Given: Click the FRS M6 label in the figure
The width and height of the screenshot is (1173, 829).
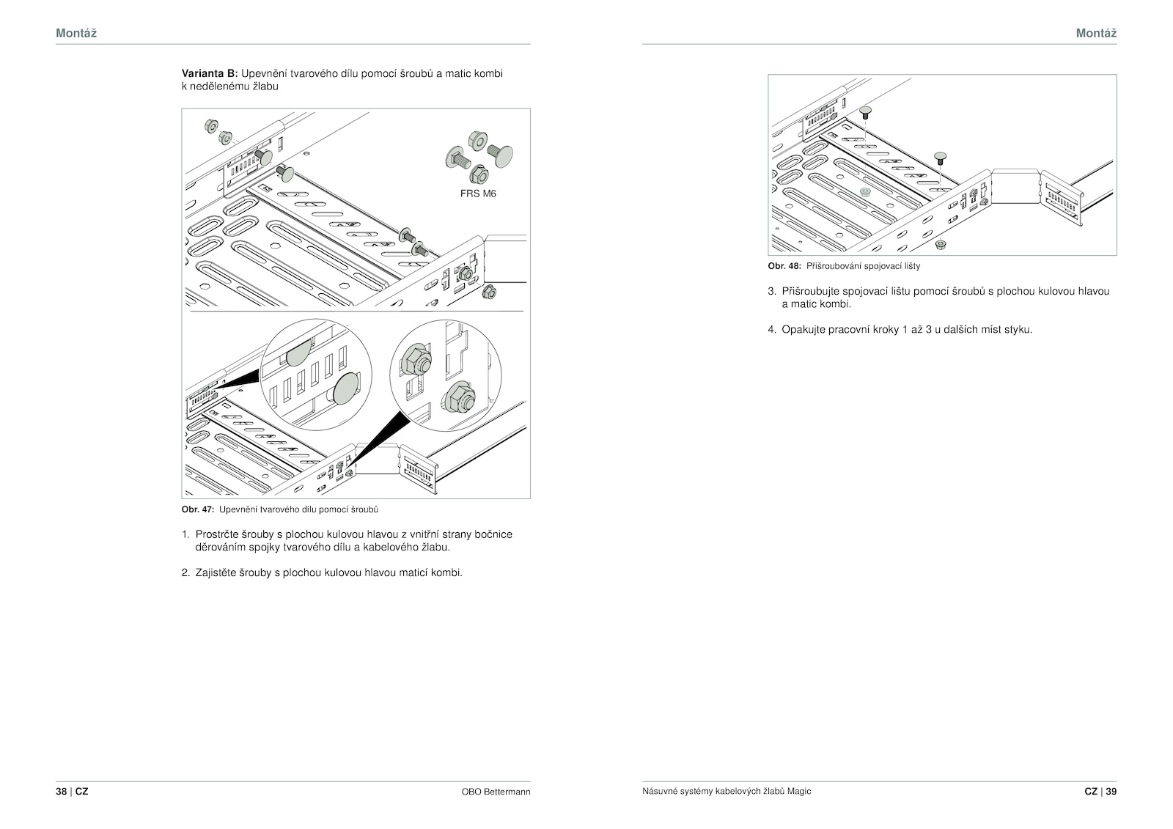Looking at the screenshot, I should tap(478, 194).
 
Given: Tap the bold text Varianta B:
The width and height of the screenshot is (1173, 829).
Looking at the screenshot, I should tap(210, 74).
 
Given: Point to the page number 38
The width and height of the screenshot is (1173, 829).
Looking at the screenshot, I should tap(62, 792).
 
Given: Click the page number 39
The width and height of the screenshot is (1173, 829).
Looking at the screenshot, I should tap(1111, 792).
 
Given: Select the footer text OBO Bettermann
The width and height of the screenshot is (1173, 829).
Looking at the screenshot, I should tap(496, 792).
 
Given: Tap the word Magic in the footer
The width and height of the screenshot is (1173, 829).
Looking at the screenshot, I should tap(800, 792).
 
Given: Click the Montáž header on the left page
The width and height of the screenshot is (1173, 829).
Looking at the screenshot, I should tap(76, 33).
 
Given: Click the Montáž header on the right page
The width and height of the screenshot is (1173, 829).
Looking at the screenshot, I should tap(1096, 33).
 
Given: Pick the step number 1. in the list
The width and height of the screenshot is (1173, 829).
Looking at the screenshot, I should tap(185, 534).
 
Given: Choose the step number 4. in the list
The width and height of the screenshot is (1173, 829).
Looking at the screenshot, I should tap(772, 330).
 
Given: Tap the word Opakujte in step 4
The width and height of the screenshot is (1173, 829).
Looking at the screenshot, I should tap(804, 330).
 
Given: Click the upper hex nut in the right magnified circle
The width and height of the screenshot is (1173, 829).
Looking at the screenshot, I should tap(417, 358).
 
